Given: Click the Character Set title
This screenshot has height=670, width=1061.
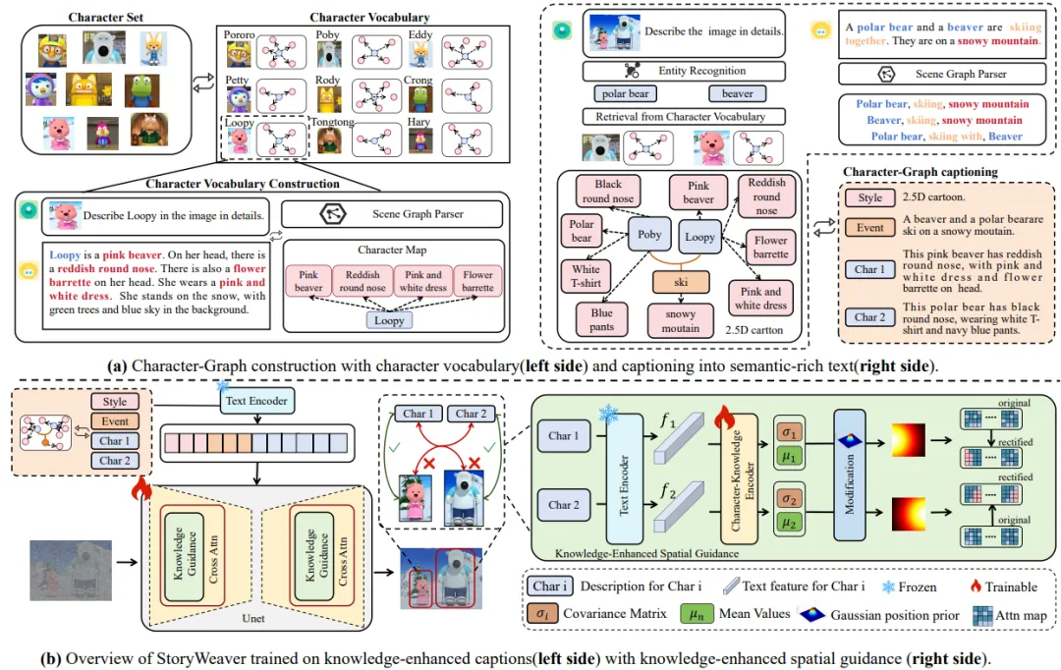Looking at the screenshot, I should (108, 19).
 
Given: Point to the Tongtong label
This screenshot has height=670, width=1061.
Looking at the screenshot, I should (331, 124).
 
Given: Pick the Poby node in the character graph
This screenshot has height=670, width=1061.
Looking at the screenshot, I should (649, 236).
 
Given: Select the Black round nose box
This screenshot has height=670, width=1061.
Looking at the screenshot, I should (608, 191).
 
